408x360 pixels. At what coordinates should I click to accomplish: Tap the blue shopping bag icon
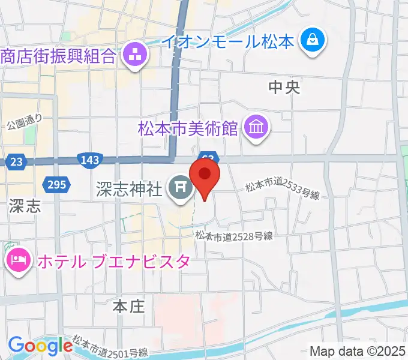pyautogui.click(x=313, y=41)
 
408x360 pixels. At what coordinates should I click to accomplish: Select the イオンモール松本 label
pyautogui.click(x=229, y=41)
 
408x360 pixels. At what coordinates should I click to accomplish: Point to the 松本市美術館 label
pyautogui.click(x=188, y=128)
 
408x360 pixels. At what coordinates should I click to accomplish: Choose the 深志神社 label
pyautogui.click(x=128, y=190)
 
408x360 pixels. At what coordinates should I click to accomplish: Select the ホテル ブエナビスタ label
pyautogui.click(x=114, y=262)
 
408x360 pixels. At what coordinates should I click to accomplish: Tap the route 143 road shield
pyautogui.click(x=89, y=160)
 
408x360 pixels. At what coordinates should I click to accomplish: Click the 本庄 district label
pyautogui.click(x=129, y=307)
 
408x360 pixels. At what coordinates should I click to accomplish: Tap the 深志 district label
pyautogui.click(x=25, y=207)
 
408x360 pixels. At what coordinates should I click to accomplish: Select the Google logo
pyautogui.click(x=40, y=346)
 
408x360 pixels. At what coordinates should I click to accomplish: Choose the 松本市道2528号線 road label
pyautogui.click(x=234, y=236)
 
